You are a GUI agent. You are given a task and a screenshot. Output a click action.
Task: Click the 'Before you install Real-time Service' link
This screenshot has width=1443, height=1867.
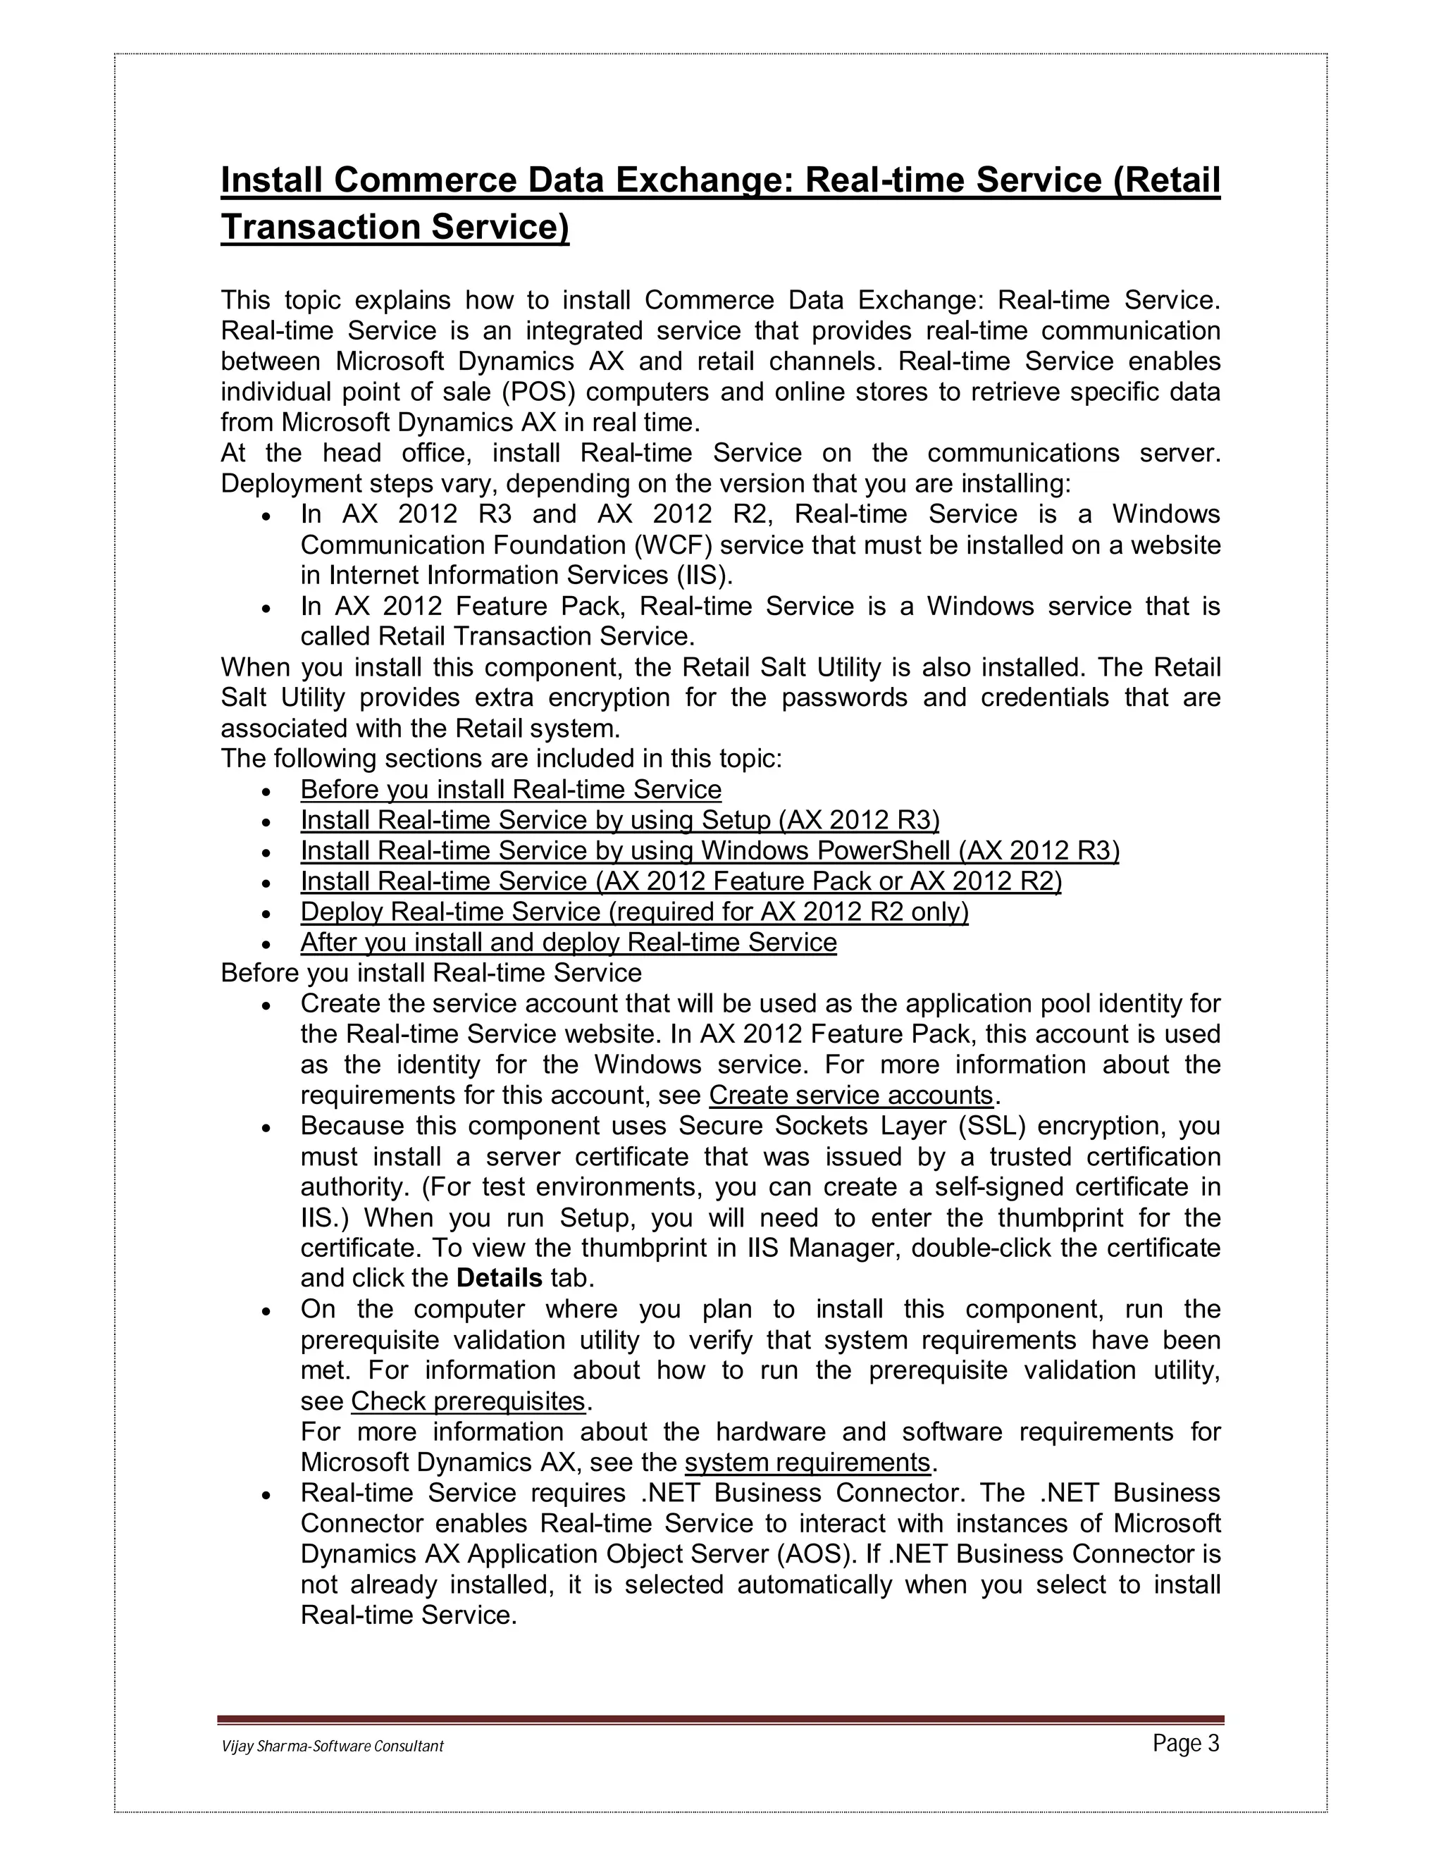[x=510, y=789]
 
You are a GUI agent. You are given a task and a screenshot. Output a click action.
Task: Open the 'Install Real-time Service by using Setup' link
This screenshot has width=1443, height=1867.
[x=619, y=820]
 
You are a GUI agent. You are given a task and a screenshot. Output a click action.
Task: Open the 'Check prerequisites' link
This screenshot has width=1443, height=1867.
[x=468, y=1401]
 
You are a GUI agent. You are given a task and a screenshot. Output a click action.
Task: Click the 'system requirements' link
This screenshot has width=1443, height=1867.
[x=807, y=1463]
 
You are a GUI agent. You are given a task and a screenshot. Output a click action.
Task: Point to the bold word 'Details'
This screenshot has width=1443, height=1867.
[x=500, y=1279]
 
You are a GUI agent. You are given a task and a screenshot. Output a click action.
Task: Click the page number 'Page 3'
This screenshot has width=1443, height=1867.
[x=1186, y=1744]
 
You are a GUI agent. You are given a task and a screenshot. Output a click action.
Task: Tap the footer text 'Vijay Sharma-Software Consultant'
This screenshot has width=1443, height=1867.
[x=332, y=1747]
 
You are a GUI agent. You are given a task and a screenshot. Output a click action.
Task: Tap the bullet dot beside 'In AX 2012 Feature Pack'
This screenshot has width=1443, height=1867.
[x=268, y=609]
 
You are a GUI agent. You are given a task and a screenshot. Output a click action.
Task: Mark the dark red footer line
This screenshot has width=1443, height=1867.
[x=721, y=1720]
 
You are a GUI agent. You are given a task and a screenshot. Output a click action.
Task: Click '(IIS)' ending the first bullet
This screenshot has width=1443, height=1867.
[x=705, y=576]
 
